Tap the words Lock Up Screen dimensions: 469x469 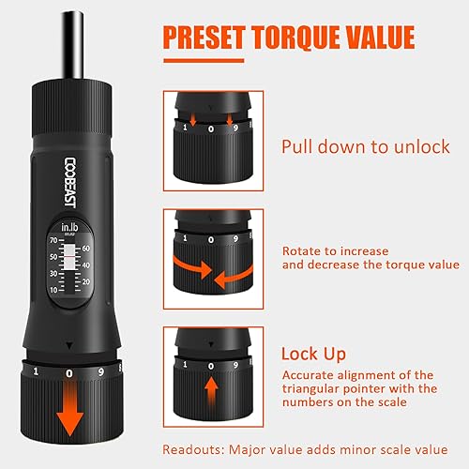point(315,355)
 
